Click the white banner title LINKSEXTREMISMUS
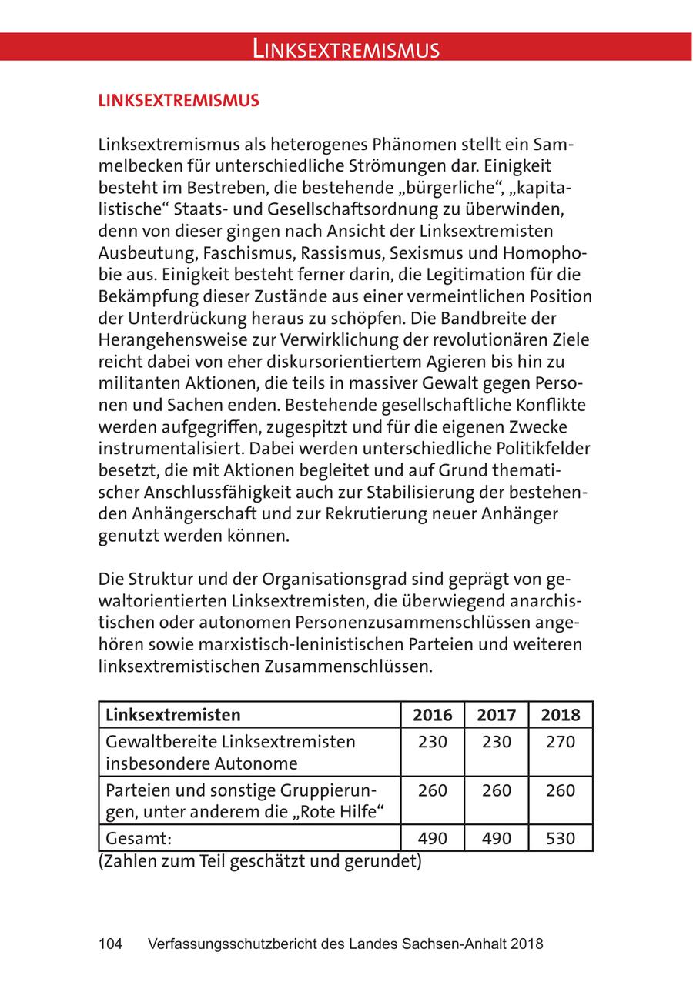click(x=346, y=50)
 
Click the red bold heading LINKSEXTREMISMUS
click(x=179, y=101)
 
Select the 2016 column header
click(x=433, y=715)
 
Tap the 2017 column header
click(x=496, y=715)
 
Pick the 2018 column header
click(x=560, y=715)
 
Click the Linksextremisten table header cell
click(x=172, y=715)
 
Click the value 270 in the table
click(x=560, y=743)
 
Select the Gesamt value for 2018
click(x=560, y=838)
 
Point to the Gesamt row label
click(x=138, y=838)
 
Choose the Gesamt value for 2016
click(x=433, y=838)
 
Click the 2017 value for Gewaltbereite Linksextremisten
click(x=496, y=743)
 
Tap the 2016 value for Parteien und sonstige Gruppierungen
click(x=433, y=790)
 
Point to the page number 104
click(x=111, y=944)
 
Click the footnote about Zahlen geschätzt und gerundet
click(x=260, y=861)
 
